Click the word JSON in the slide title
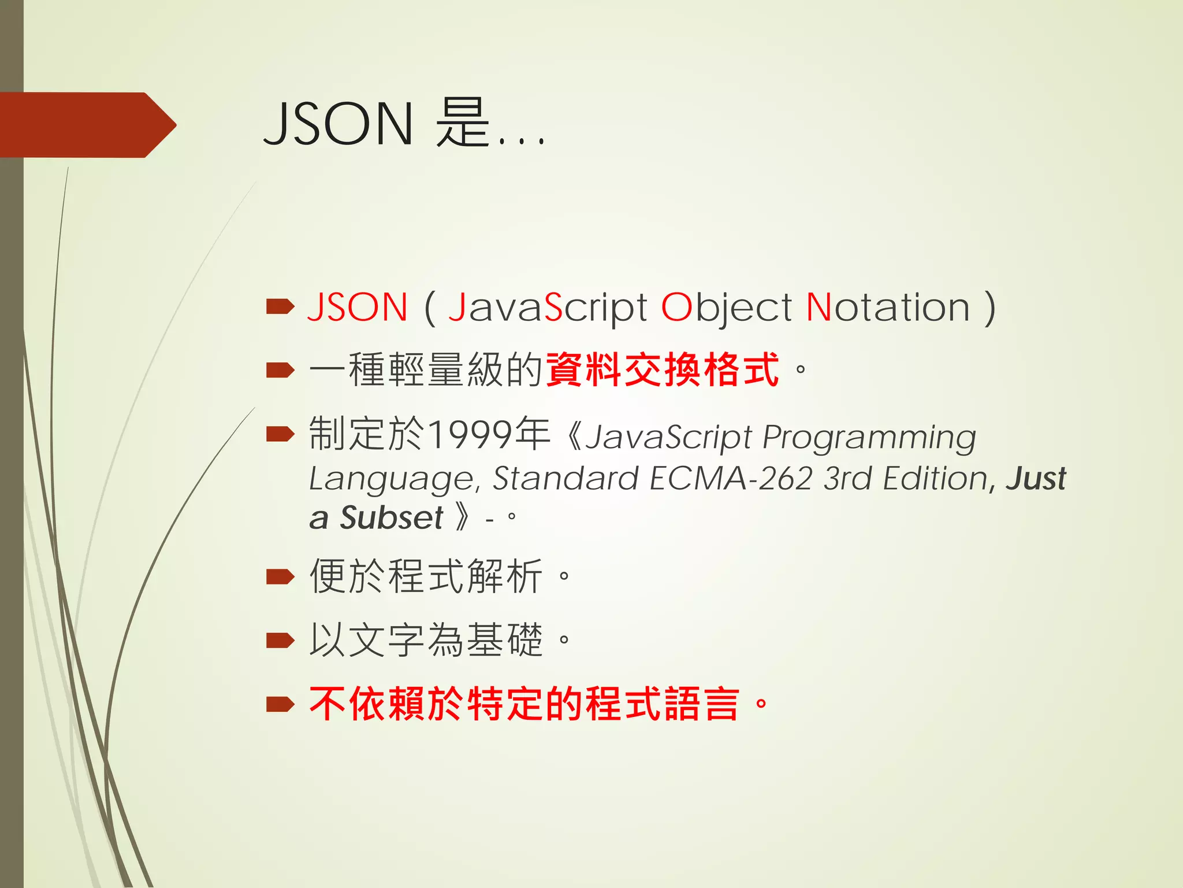click(338, 124)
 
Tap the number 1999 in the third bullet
click(471, 434)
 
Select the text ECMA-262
click(731, 479)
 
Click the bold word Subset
click(391, 517)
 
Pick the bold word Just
click(1036, 479)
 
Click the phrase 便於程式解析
click(426, 576)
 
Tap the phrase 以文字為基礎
click(426, 640)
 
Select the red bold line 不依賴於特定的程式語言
click(524, 704)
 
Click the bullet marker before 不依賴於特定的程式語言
click(280, 704)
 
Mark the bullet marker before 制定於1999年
click(280, 434)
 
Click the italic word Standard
click(564, 479)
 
